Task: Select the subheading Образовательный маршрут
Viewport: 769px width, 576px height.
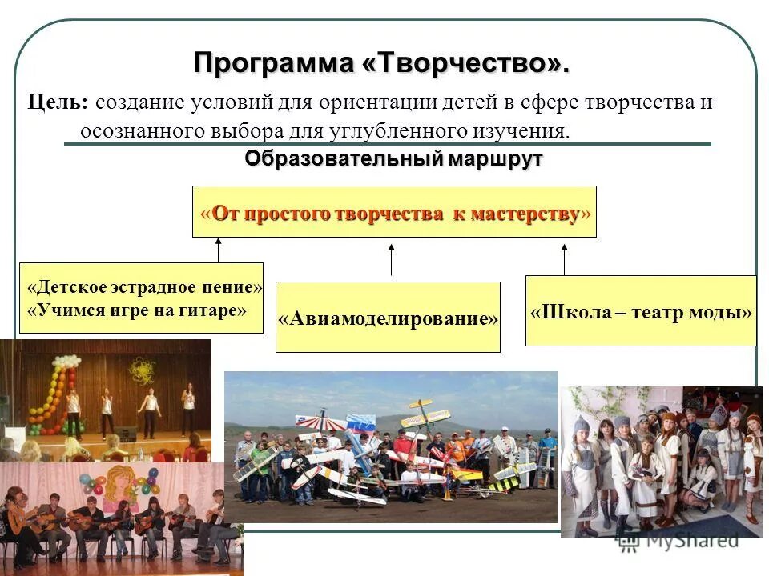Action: coord(393,158)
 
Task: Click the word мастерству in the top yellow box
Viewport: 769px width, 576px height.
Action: coord(525,214)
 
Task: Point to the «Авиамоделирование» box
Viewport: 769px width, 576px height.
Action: coord(388,318)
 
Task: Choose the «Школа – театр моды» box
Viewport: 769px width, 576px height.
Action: coord(641,311)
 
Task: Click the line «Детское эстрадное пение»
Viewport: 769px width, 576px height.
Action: coord(144,287)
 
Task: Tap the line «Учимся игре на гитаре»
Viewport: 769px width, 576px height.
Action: coord(137,310)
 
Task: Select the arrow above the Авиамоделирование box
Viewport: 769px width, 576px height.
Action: coord(392,260)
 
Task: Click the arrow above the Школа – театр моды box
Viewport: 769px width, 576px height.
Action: coord(564,259)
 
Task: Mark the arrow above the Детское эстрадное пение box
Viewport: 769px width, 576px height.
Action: coord(219,250)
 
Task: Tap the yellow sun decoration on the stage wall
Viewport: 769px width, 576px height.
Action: coord(143,371)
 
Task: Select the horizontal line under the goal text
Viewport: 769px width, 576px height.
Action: coord(388,144)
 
